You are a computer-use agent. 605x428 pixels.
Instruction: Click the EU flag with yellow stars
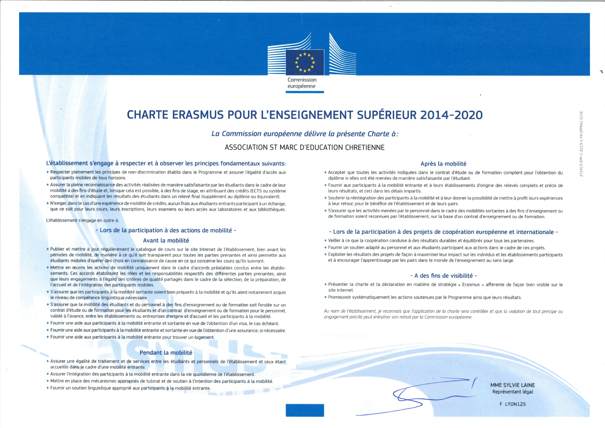click(305, 62)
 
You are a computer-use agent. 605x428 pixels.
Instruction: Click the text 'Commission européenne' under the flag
click(302, 83)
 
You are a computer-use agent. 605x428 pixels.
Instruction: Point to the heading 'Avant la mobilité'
click(166, 240)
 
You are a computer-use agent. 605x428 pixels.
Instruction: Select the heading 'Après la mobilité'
click(443, 164)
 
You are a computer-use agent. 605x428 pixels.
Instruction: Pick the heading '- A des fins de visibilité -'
click(443, 276)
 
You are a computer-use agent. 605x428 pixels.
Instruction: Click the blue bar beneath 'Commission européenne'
click(305, 92)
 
